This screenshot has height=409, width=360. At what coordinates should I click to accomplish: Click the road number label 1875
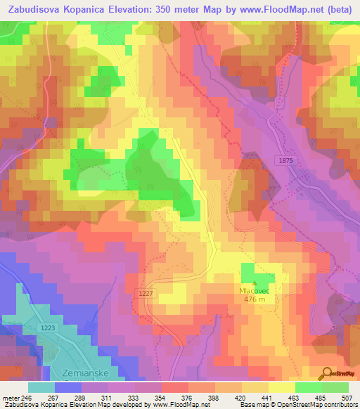pos(285,161)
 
